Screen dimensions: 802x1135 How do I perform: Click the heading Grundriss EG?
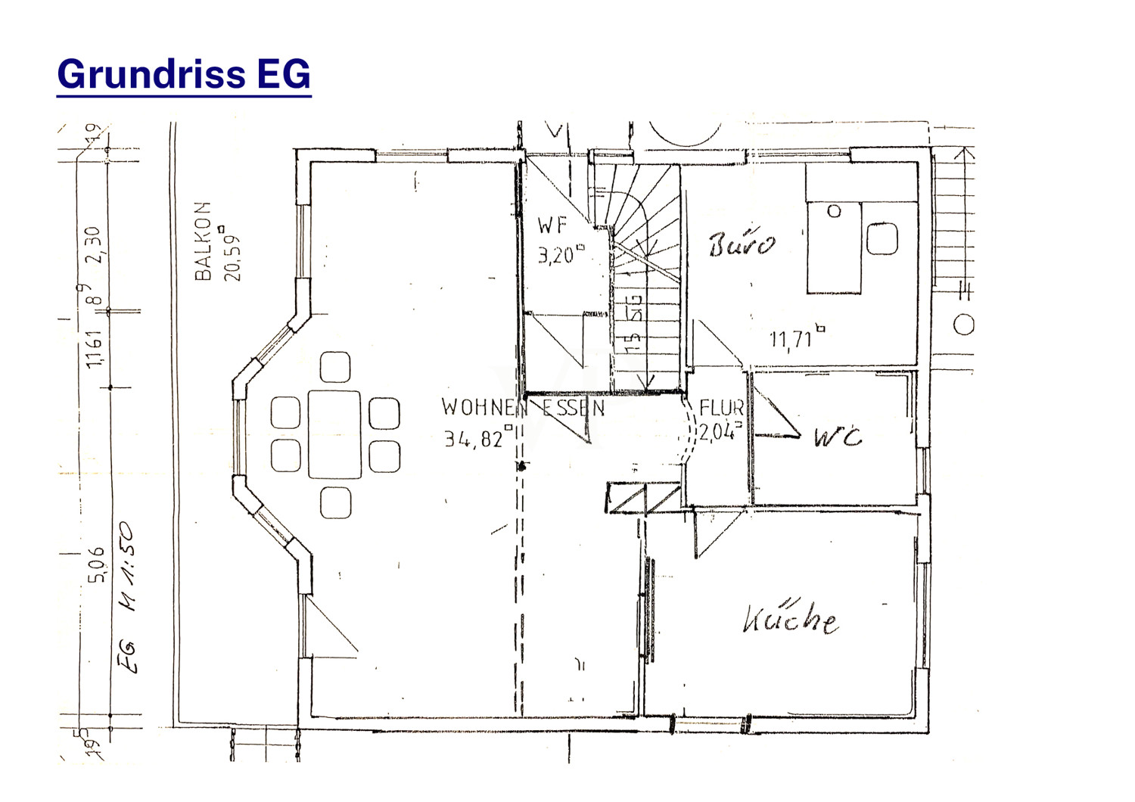pos(184,75)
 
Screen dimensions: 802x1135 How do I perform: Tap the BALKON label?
pos(203,241)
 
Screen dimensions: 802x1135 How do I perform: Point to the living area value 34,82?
pos(475,438)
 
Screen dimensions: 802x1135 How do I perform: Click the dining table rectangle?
pos(334,434)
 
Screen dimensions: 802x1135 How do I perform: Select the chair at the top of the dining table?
pos(334,367)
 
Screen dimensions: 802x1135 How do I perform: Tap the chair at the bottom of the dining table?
pos(335,503)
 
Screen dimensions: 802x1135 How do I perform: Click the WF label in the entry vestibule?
pos(552,225)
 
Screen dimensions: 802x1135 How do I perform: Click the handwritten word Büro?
pos(742,244)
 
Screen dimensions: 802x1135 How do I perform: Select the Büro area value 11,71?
pos(792,339)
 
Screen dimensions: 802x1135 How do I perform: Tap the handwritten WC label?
pos(838,437)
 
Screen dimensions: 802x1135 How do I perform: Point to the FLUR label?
pos(721,409)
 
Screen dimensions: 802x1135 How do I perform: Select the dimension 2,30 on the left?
pos(94,245)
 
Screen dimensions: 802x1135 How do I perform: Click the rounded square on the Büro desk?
pos(882,238)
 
